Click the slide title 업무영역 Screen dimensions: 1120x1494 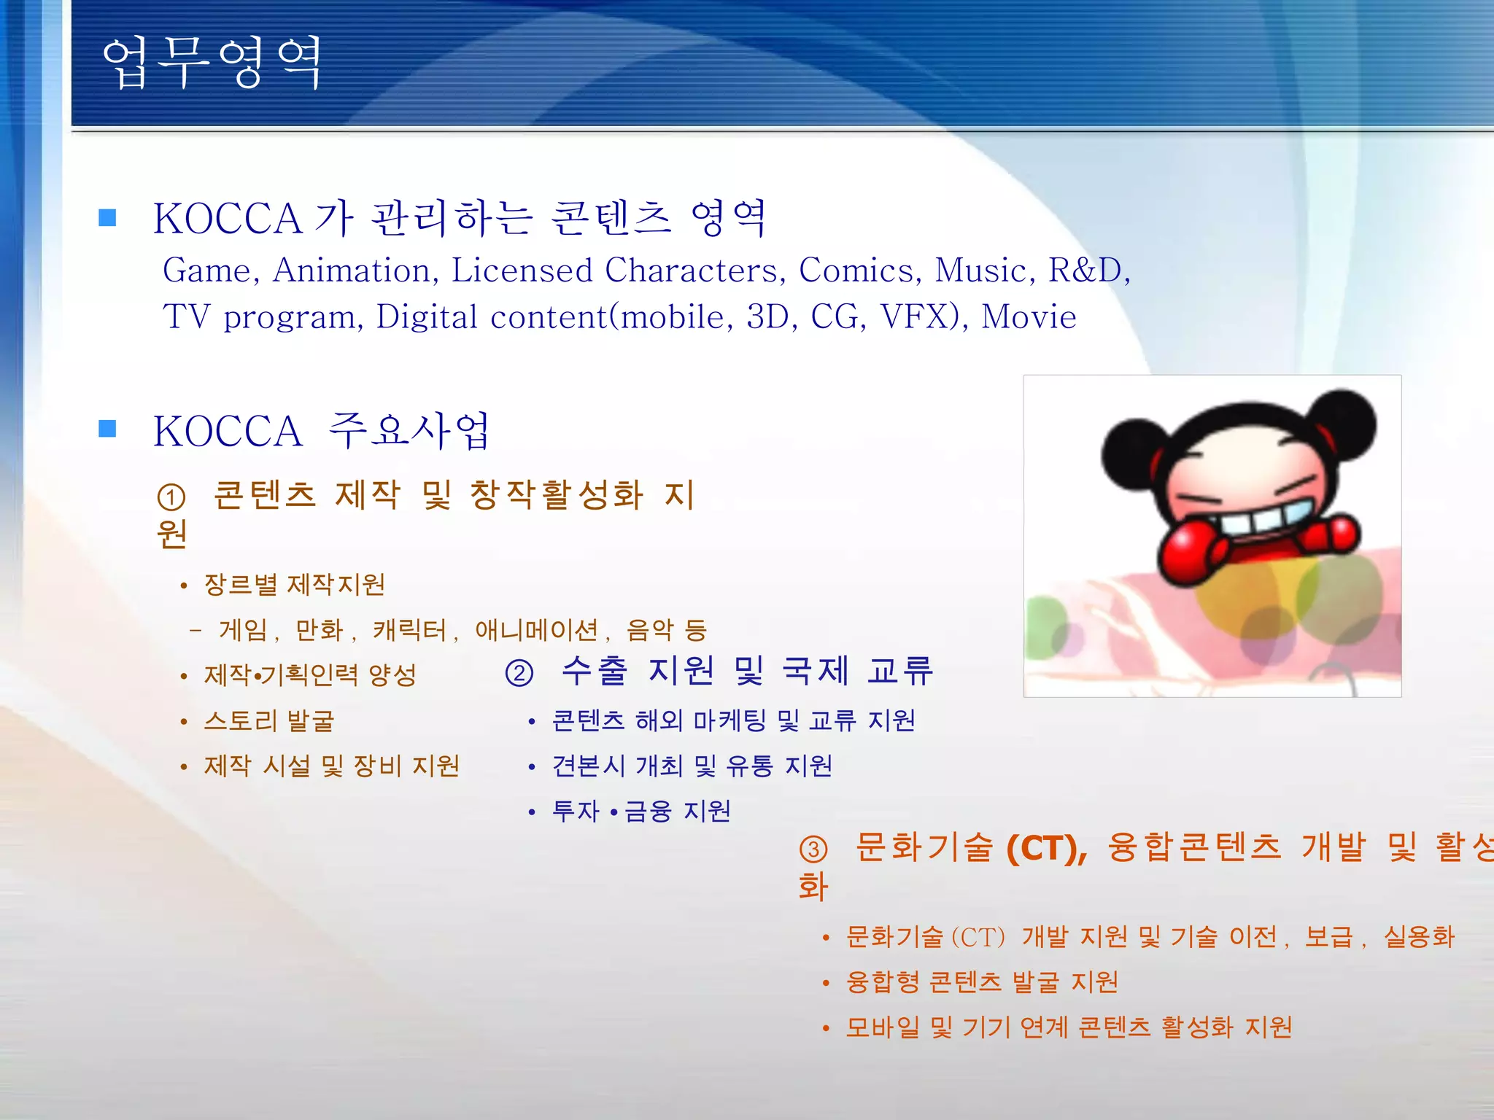[212, 63]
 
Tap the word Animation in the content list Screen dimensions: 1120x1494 [352, 271]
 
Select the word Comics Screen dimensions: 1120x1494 [854, 271]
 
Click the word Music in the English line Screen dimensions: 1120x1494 [980, 271]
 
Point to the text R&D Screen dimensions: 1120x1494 [1085, 271]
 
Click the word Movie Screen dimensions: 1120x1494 [1029, 317]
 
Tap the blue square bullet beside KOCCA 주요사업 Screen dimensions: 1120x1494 [107, 429]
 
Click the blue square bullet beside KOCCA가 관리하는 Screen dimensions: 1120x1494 [107, 217]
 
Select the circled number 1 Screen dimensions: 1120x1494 [171, 498]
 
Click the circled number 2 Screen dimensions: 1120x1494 [519, 672]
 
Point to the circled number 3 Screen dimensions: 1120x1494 [813, 849]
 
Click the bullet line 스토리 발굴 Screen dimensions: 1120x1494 [268, 721]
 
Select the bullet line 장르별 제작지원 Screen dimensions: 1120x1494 [294, 585]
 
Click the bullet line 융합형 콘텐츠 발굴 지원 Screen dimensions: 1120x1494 [982, 982]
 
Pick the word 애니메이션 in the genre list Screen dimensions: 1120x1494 [536, 630]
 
